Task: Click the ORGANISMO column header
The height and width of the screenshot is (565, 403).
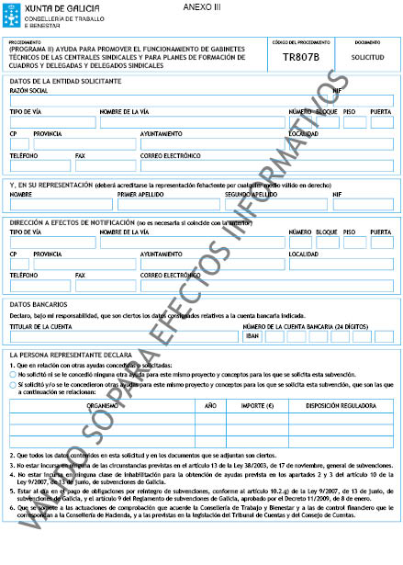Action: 102,404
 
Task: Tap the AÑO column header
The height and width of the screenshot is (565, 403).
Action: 209,404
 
